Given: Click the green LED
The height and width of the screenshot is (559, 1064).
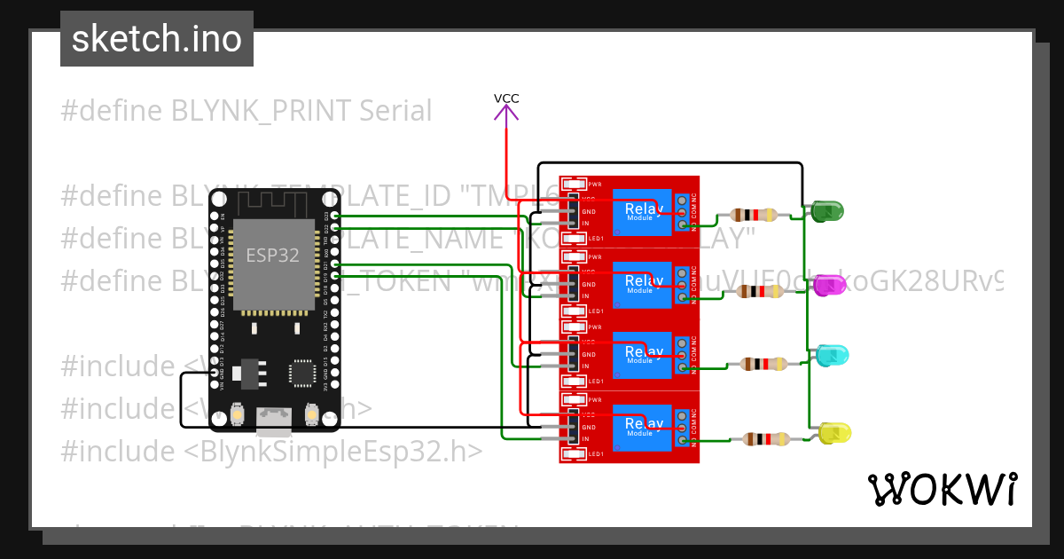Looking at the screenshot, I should pos(826,211).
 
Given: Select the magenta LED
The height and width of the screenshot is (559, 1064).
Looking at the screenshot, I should pos(832,285).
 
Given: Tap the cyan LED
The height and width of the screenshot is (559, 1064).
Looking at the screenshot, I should pos(833,355).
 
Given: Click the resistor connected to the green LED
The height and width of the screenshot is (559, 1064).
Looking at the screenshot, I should pos(754,214).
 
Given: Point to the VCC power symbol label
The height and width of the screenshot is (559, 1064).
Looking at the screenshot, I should pos(506,98).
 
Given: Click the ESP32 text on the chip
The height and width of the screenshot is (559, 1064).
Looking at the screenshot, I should pos(272,256).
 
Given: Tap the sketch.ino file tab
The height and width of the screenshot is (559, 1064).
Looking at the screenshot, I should pos(157,39).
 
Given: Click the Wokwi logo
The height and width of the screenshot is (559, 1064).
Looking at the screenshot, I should pos(942,489).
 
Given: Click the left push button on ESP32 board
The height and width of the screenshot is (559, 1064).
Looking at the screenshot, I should pos(238,413).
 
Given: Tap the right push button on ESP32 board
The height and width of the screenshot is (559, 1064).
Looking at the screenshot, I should pos(311,413).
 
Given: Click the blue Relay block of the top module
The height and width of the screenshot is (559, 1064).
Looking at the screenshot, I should pos(641,212).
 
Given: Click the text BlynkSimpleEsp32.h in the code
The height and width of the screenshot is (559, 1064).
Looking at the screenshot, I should pos(335,451).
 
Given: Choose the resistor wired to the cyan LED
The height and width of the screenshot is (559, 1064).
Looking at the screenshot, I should pos(763,363).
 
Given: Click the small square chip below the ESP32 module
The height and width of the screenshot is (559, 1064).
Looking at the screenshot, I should pos(302,373).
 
